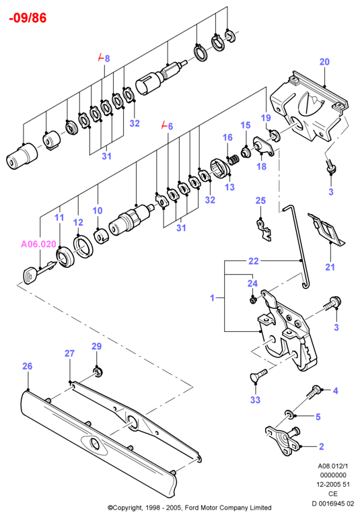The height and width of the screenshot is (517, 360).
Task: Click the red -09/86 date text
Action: (28, 18)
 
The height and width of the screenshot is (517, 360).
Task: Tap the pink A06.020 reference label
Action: (38, 244)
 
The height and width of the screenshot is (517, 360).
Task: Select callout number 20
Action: (325, 62)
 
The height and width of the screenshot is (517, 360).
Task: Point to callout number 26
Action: (28, 366)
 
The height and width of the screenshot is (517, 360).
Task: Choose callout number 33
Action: (256, 400)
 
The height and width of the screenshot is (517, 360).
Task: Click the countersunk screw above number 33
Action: (259, 376)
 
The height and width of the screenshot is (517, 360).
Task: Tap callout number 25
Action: (261, 201)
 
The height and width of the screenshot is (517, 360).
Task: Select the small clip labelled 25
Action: (264, 229)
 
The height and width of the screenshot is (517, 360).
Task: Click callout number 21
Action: (330, 267)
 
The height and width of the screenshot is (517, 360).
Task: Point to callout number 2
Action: (322, 446)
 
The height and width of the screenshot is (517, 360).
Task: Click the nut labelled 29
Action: (98, 372)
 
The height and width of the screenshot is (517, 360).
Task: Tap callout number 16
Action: (227, 137)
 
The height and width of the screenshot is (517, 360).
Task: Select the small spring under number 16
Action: (233, 160)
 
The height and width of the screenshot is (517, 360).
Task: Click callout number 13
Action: (229, 187)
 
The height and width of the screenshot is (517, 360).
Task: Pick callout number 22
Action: (254, 261)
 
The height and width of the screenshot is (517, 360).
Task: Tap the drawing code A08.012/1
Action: (333, 466)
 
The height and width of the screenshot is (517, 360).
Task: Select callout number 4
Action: (335, 390)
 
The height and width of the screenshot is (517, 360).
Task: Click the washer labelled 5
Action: (289, 415)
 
